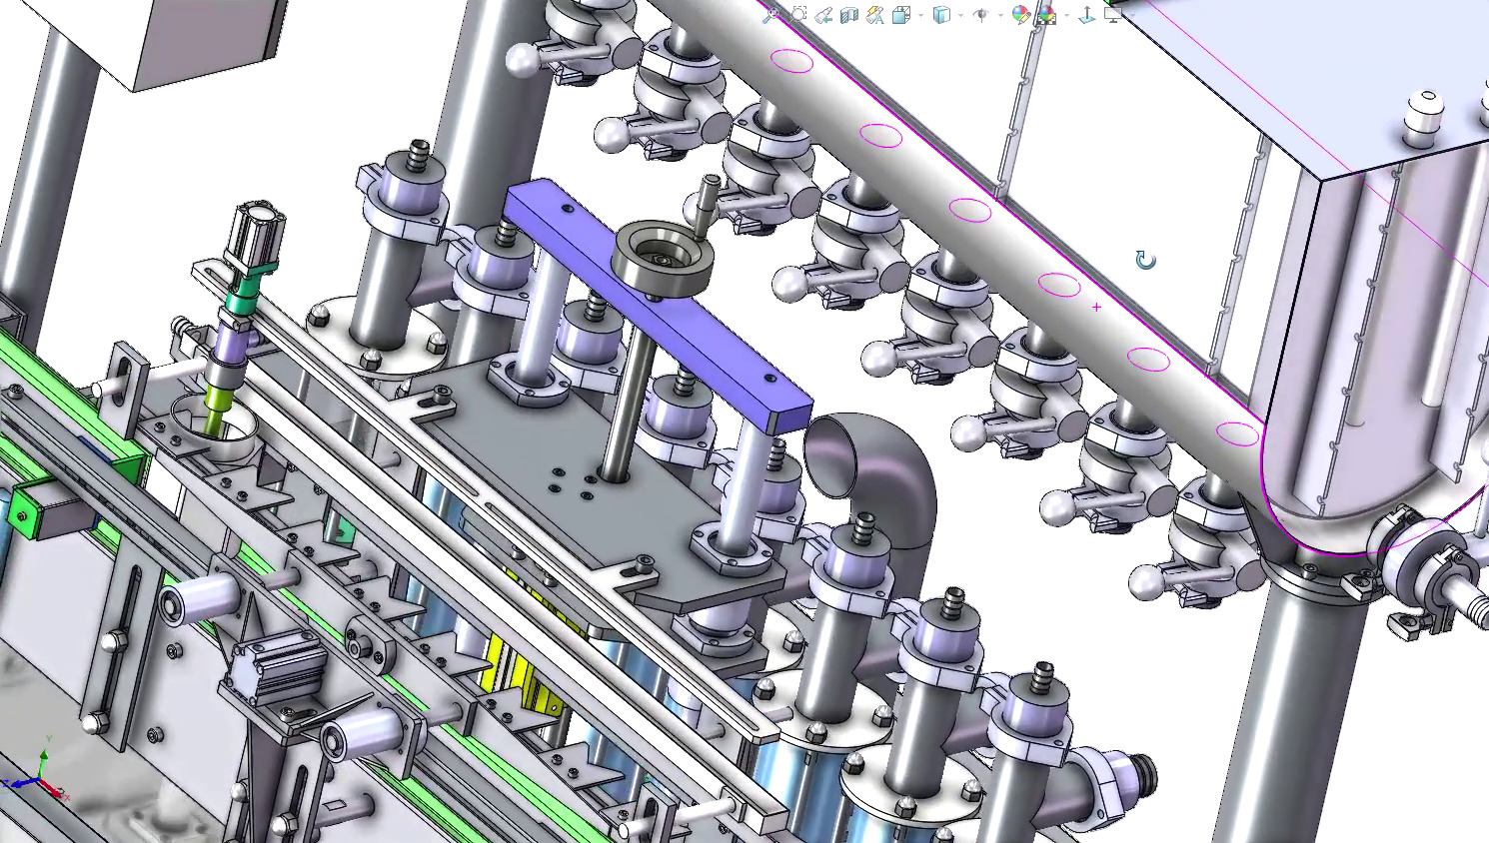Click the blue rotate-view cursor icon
tap(1145, 261)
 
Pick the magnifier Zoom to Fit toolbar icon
tap(770, 14)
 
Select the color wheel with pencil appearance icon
tap(1019, 14)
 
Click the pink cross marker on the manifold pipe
tap(1096, 307)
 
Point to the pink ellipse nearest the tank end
tap(1238, 433)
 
